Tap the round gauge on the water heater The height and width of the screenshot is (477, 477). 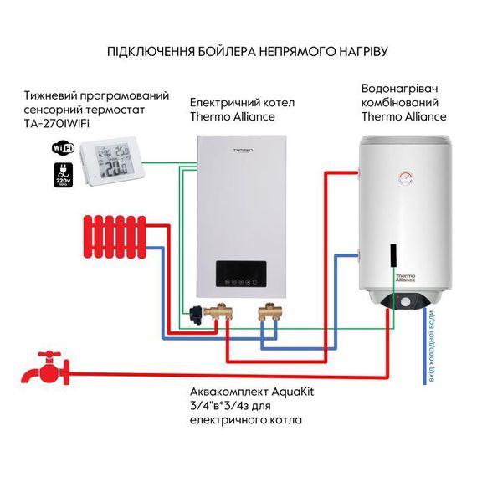(x=406, y=177)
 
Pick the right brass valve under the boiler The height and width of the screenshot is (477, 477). (x=269, y=314)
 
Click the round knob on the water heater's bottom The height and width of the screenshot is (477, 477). (x=406, y=301)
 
